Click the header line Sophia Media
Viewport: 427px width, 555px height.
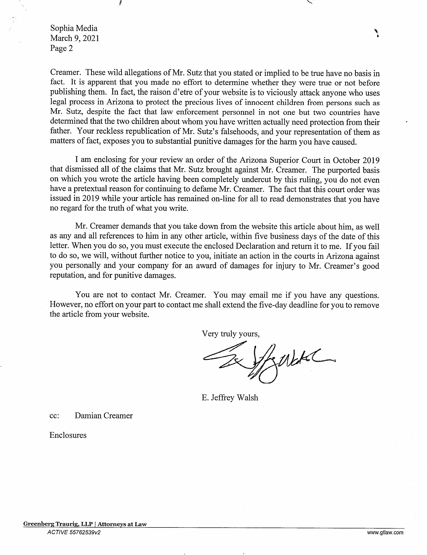(74, 28)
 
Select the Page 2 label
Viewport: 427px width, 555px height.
(61, 48)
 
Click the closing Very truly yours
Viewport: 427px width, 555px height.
(230, 334)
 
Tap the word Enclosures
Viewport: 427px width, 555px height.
(68, 435)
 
